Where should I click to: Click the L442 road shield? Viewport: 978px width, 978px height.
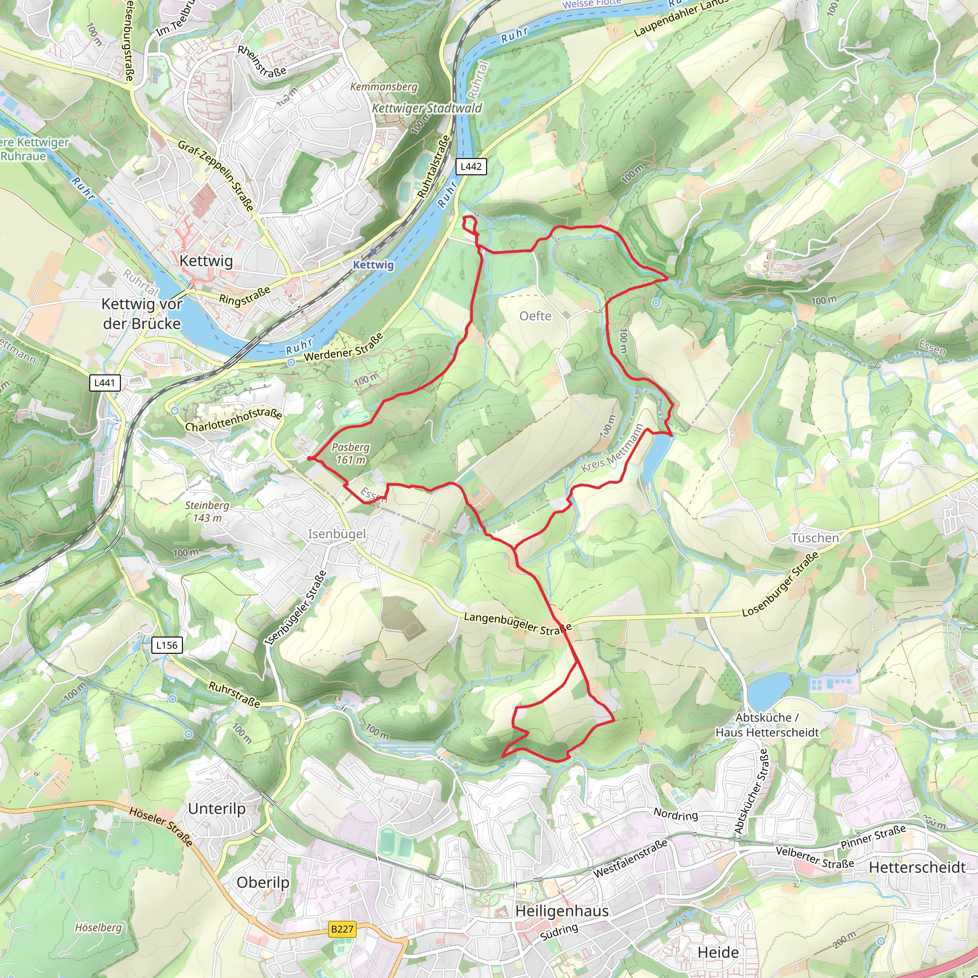[471, 167]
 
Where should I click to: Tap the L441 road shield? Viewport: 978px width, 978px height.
[105, 383]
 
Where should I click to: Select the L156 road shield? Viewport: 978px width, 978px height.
[167, 645]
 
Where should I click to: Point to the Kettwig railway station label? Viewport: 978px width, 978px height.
[373, 265]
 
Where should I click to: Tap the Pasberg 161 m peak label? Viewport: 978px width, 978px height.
[351, 454]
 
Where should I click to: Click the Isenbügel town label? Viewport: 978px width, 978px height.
[337, 533]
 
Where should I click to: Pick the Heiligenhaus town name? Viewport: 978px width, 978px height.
[562, 911]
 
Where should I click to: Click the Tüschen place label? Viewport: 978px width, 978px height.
[815, 538]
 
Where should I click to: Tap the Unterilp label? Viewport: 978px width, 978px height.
[217, 808]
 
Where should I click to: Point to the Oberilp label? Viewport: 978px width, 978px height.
[263, 882]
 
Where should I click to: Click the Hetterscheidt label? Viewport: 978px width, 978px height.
[917, 867]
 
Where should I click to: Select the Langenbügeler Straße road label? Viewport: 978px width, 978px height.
[517, 623]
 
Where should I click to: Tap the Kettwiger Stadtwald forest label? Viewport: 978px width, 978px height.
[427, 108]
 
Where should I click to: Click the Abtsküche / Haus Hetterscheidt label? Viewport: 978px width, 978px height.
[767, 725]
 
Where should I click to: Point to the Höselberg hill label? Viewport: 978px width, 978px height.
[98, 927]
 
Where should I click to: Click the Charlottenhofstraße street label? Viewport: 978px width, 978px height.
[234, 420]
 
